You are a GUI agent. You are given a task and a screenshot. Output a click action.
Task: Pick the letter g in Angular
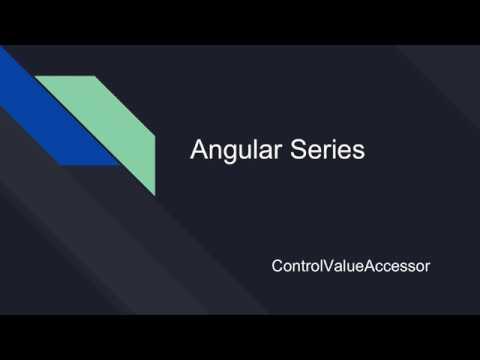pos(226,154)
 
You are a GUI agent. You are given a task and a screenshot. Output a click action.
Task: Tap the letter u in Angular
pos(239,153)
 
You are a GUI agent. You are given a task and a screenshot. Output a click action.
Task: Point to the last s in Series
pos(358,153)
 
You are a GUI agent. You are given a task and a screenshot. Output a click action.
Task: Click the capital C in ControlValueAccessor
pos(277,267)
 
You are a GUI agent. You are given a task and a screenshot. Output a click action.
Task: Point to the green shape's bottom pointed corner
pos(154,194)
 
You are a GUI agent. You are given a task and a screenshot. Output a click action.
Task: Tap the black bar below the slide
pos(240,337)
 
